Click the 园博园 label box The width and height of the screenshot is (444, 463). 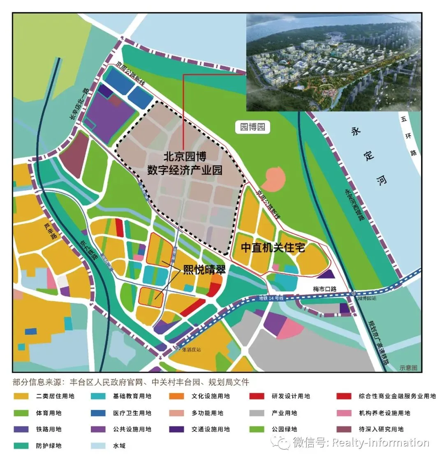(252, 127)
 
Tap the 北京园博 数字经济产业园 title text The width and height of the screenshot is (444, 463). (185, 163)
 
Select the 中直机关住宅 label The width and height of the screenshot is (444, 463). (273, 247)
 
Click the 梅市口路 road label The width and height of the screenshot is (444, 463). (325, 289)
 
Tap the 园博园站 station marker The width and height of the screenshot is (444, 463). (354, 293)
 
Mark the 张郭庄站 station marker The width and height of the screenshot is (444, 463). (178, 348)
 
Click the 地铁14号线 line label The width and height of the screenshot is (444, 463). (271, 298)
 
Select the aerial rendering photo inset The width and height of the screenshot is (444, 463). (333, 62)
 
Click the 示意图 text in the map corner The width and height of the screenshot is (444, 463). (408, 368)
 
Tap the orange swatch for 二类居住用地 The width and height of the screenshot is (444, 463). (21, 396)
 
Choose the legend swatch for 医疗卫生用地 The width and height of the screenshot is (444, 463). (98, 413)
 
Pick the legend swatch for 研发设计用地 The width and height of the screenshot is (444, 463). (257, 396)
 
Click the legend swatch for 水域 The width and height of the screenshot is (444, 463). (98, 445)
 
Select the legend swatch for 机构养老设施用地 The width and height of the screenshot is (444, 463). (344, 413)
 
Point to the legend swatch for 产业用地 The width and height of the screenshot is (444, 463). (257, 413)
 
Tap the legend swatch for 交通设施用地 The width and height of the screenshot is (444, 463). (176, 429)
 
